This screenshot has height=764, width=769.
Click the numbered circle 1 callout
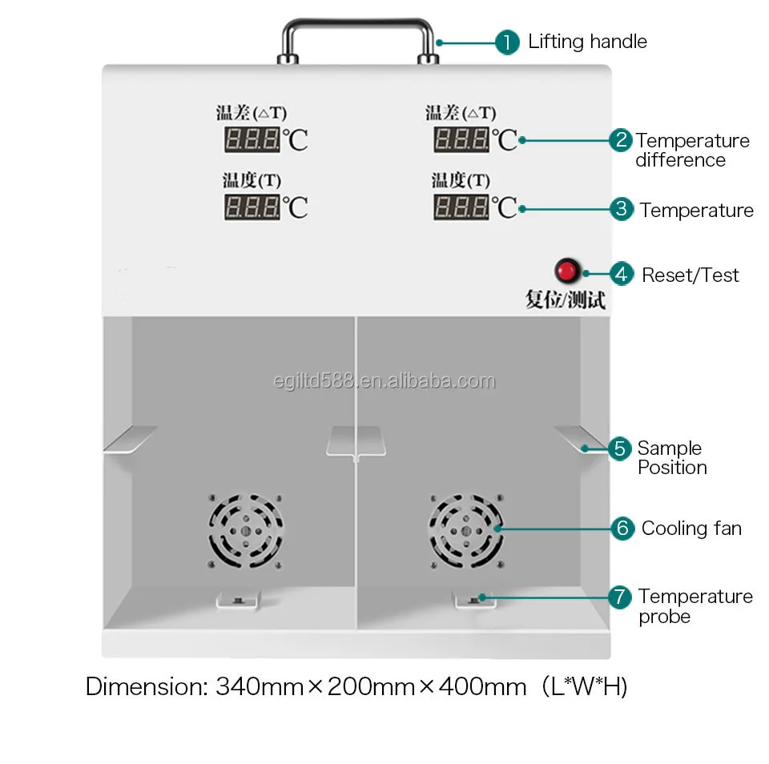pos(507,42)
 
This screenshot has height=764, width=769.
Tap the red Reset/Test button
pos(567,271)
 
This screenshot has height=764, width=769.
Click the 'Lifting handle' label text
pos(587,42)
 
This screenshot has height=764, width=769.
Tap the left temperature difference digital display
pos(252,139)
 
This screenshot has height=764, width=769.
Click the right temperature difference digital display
pos(461,139)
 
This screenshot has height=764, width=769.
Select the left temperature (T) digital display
pos(252,207)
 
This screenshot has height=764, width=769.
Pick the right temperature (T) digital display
pos(461,207)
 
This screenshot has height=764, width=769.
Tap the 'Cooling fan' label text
pos(691,529)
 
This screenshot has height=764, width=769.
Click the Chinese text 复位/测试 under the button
pos(565,300)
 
